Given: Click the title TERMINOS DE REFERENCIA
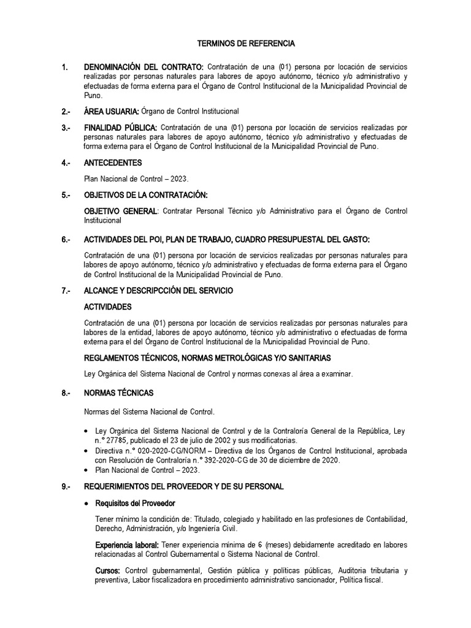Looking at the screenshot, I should [245, 44].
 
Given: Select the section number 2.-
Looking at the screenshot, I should [66, 112].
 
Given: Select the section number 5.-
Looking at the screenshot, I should [66, 195].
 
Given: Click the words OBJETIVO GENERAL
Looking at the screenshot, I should [120, 211].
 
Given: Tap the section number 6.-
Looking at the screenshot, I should [66, 239].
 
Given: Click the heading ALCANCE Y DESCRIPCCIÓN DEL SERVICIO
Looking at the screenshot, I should [158, 290].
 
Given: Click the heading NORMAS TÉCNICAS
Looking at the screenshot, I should [118, 392].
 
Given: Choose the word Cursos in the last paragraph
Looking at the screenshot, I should [107, 571].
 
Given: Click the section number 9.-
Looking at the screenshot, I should [66, 487].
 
